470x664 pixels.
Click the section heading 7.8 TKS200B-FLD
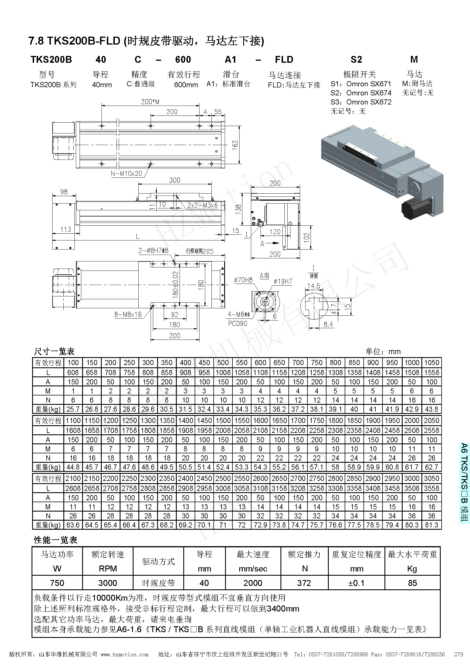[x=146, y=41]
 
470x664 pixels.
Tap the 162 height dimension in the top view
[x=235, y=144]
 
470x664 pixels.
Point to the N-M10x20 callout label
[x=126, y=173]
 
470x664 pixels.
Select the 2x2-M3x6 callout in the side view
[x=202, y=205]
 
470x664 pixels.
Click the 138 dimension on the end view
[x=238, y=209]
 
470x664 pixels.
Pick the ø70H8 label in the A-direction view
[x=243, y=280]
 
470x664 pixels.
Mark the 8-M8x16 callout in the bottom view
[x=128, y=314]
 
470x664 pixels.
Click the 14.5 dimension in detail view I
[x=313, y=286]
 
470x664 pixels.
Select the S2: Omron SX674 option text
[x=361, y=93]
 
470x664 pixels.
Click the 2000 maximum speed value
[x=253, y=583]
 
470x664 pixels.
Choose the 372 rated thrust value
[x=304, y=583]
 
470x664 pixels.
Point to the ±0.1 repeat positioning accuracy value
[x=356, y=583]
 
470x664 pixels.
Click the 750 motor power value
[x=57, y=583]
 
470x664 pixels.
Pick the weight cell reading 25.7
[x=73, y=409]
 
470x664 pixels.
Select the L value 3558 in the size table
[x=431, y=488]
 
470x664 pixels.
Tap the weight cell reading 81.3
[x=431, y=525]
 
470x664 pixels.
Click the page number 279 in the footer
[x=459, y=654]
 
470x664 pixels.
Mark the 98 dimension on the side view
[x=64, y=192]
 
